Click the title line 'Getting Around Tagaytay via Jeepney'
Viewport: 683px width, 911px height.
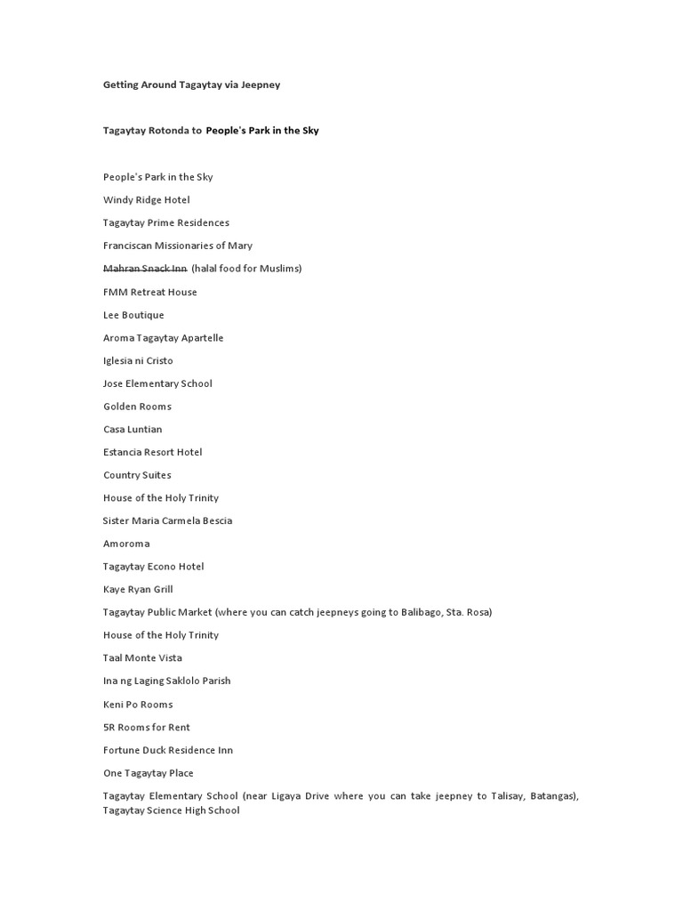click(x=191, y=85)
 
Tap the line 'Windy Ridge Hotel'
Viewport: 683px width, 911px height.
click(x=146, y=200)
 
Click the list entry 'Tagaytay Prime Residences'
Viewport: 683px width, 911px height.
click(x=165, y=222)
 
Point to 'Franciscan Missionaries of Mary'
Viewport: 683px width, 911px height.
click(x=177, y=246)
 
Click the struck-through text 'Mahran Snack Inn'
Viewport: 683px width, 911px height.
click(x=145, y=269)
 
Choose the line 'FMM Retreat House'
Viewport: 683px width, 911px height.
click(x=149, y=292)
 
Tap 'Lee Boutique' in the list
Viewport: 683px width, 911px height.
click(x=133, y=315)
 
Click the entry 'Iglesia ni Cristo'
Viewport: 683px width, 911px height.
click(x=138, y=360)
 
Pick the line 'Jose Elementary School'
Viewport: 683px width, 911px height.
click(x=157, y=383)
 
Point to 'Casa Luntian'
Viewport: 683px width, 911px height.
click(x=133, y=430)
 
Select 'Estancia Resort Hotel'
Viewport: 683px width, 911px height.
click(x=152, y=452)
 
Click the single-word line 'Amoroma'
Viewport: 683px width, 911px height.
click(x=126, y=544)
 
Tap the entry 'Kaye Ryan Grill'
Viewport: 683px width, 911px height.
click(x=138, y=589)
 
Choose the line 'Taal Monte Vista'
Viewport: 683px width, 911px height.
click(x=142, y=658)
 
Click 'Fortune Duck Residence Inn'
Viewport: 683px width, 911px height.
click(x=167, y=750)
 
